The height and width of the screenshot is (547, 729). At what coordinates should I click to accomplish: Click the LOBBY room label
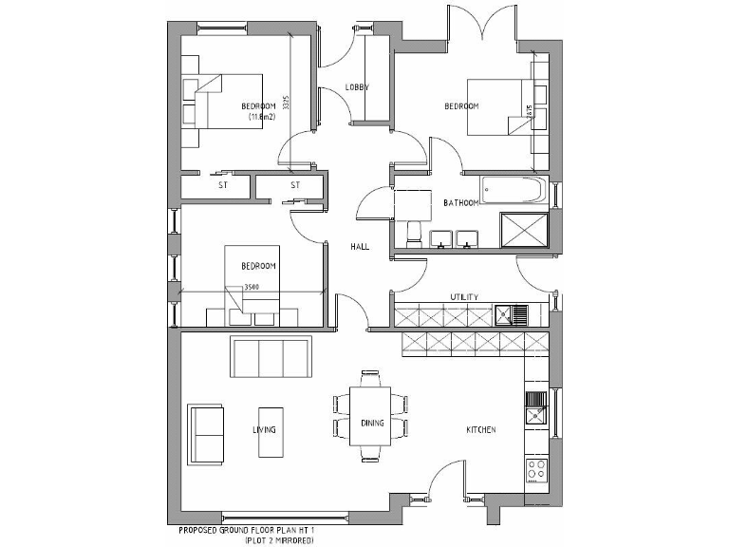pos(357,87)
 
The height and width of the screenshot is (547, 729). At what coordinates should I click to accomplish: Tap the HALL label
pos(359,246)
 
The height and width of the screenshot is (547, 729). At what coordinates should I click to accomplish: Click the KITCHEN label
pos(480,430)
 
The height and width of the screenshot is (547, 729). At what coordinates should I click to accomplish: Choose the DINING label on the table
pos(372,424)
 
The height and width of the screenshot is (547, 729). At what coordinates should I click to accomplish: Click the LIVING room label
pos(264,430)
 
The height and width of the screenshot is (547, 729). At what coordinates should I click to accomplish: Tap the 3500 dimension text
pos(252,287)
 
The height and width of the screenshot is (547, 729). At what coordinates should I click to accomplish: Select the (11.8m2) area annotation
pos(260,117)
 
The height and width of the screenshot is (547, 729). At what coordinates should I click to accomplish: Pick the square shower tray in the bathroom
pos(523,230)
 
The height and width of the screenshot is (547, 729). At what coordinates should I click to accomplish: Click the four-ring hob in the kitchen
pos(534,469)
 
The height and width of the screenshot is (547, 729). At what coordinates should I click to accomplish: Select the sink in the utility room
pos(518,312)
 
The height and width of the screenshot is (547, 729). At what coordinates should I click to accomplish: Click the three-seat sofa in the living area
pos(271,358)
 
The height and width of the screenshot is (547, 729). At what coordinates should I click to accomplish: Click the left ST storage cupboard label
pos(223,185)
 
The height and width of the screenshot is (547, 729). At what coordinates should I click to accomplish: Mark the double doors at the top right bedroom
pos(483,24)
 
